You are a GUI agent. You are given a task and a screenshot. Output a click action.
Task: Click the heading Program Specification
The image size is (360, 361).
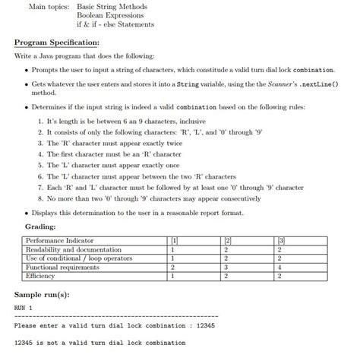57,43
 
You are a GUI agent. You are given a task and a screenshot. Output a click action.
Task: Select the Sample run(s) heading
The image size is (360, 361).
47,294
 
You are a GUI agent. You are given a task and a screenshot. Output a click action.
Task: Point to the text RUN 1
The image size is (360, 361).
24,309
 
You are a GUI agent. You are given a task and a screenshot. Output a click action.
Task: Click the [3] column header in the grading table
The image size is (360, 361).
281,240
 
